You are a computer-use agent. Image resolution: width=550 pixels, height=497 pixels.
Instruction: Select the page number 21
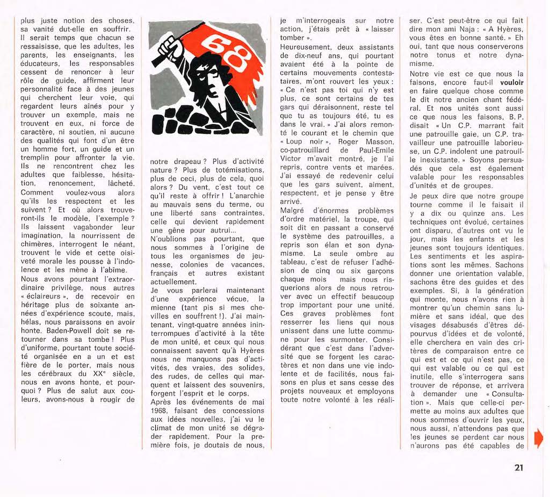click(x=518, y=467)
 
